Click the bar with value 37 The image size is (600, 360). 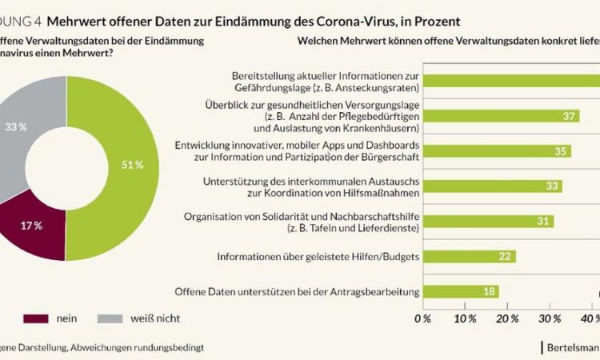500,116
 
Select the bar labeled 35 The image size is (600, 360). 496,150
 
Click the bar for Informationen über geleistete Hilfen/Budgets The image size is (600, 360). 468,256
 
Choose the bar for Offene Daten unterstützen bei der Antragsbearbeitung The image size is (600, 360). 459,291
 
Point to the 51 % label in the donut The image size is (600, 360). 132,165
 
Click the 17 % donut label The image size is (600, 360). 31,226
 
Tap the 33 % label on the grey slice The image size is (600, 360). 16,126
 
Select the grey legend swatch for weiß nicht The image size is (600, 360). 112,318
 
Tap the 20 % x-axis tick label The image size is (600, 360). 507,318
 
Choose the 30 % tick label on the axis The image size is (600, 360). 550,318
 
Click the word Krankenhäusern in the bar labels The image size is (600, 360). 377,127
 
